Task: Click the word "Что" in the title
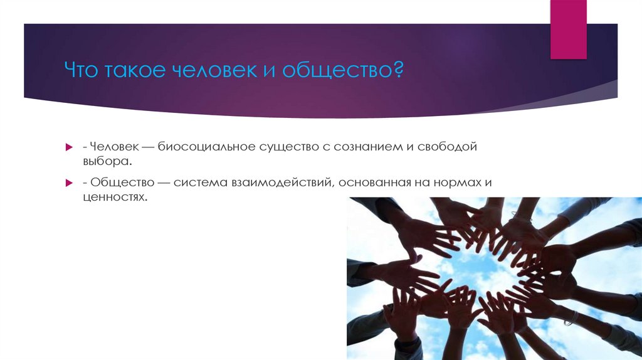pos(84,70)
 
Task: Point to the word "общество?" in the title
pos(343,70)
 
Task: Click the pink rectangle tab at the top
pos(568,29)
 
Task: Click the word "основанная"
pos(372,183)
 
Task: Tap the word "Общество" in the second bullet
pos(116,183)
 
